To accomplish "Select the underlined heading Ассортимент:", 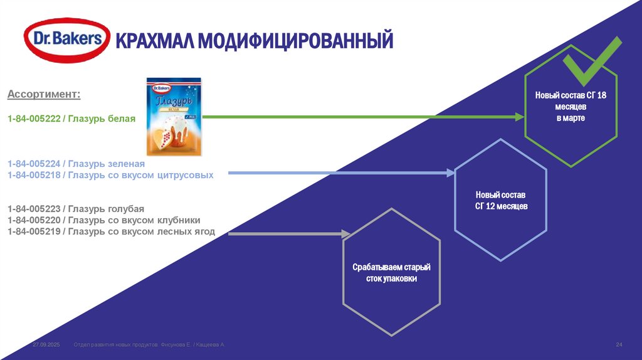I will click(44, 94).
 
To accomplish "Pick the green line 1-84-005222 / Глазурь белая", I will click(71, 118).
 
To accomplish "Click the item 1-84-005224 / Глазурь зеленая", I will click(71, 164).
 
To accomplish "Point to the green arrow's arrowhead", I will click(519, 117).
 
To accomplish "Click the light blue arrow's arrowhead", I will click(450, 172).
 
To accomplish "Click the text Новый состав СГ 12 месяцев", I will click(501, 200).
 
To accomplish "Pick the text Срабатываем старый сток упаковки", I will click(391, 273).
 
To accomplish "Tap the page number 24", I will click(619, 346).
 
